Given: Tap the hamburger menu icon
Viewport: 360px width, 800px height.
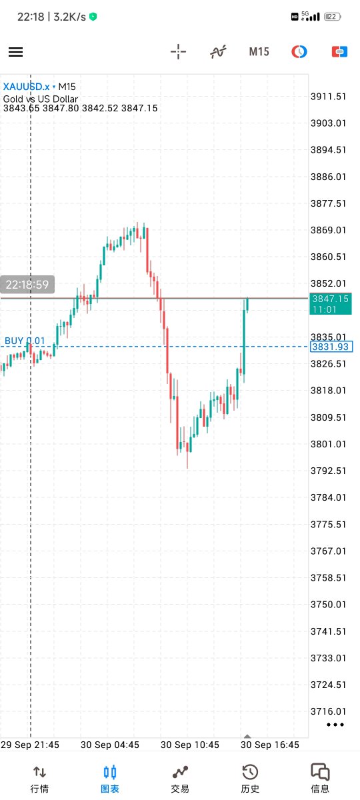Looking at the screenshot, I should tap(15, 52).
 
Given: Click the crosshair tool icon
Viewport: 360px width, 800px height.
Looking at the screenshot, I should tap(178, 51).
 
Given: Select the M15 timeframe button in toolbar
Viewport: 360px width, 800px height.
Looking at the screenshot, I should tap(259, 51).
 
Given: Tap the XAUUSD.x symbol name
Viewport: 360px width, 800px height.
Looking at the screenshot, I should tap(27, 87).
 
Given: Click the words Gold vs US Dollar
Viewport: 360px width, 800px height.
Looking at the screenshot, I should tap(41, 99).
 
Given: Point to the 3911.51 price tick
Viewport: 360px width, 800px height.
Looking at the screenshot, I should tap(328, 97).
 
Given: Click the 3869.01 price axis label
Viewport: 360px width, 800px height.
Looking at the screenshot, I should tap(328, 230).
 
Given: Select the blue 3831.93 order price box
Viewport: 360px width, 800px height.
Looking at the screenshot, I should tap(331, 347).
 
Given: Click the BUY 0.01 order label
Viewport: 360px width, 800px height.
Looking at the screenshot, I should tap(25, 341).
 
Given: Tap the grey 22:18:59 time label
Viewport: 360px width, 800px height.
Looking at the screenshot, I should tap(27, 285).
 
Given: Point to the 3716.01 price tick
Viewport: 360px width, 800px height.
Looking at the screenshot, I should tap(328, 711).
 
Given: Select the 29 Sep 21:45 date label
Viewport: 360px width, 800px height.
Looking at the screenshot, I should tap(30, 745).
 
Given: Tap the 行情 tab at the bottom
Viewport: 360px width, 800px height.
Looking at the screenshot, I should tap(39, 779).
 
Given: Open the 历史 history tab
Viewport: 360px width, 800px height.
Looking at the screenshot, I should tap(250, 779).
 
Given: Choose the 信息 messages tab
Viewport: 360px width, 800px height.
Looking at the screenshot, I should tap(320, 779).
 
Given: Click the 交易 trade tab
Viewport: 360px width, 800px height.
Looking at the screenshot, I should tap(180, 779).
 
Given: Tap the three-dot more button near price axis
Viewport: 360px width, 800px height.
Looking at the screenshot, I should tap(335, 724).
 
